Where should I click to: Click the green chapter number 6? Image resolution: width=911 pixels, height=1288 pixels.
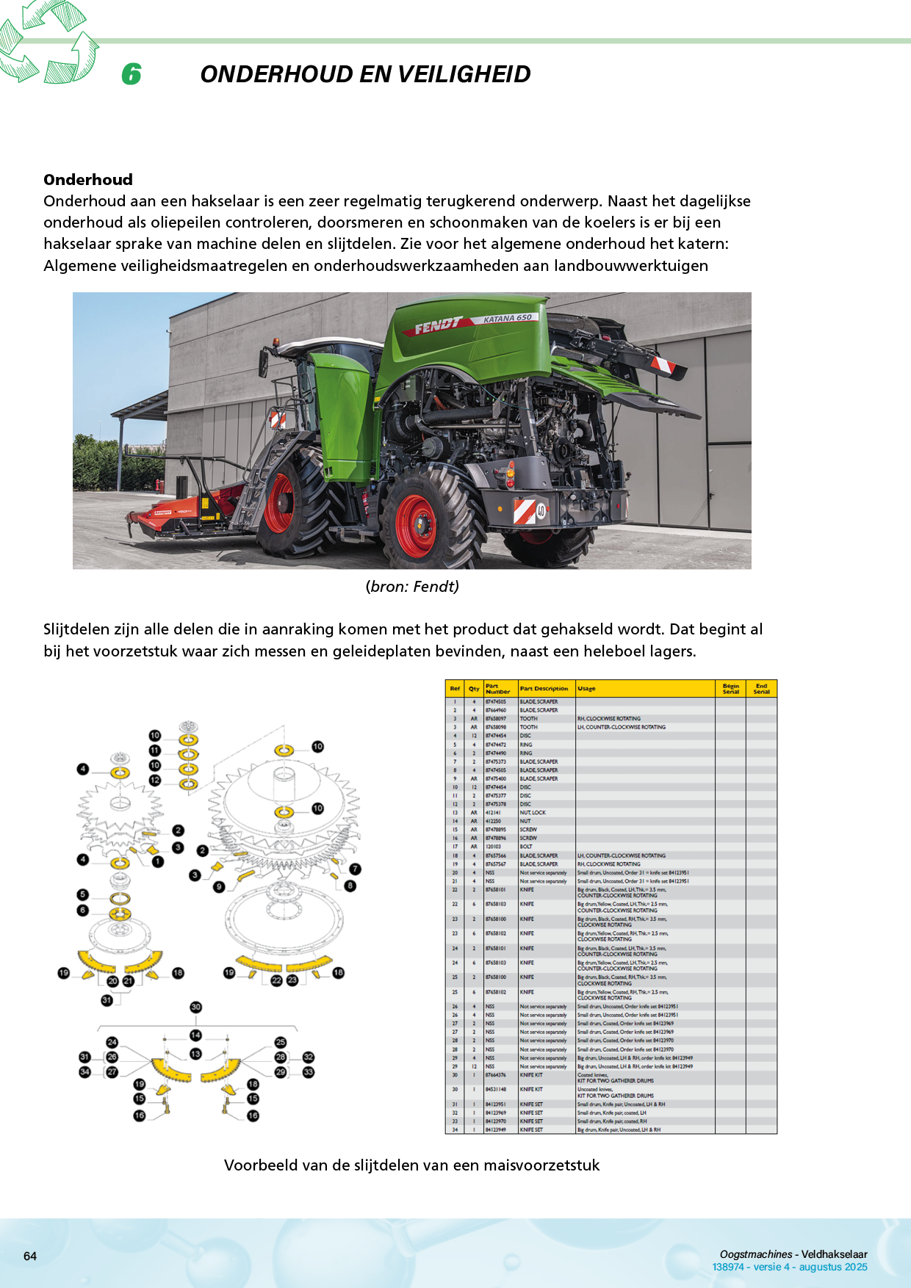132,74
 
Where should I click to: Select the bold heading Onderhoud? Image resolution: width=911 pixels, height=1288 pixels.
88,180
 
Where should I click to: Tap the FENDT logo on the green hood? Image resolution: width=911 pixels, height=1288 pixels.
438,325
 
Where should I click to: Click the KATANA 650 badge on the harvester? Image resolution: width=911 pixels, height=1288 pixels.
508,319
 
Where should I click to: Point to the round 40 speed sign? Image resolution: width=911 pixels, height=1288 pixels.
541,510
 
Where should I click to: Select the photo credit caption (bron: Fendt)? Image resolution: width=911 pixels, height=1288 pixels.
412,587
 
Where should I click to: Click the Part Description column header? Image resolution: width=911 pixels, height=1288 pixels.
544,689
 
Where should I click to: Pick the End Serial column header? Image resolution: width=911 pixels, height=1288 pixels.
761,689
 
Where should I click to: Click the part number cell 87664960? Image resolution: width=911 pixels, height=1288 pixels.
496,710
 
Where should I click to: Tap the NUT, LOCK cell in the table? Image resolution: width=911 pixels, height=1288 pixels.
533,813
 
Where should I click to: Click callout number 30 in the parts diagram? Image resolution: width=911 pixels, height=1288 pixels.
195,1007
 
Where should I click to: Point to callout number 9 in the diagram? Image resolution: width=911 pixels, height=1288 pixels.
219,887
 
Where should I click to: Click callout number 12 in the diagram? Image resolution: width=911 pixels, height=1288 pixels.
155,780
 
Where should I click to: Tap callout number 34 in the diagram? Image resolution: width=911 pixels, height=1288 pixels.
84,1072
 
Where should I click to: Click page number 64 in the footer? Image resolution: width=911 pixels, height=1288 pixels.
30,1256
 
